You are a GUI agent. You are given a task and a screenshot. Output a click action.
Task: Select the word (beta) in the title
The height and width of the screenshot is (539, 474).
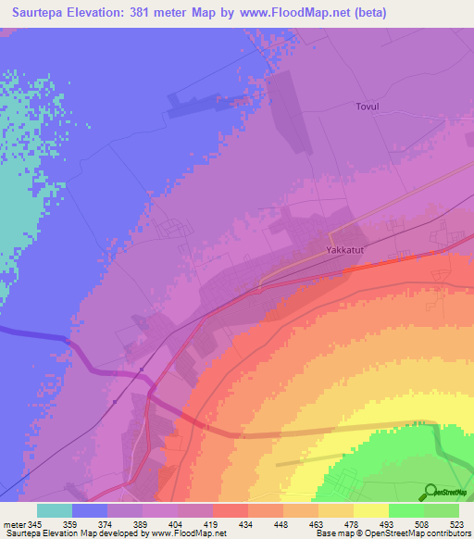(x=367, y=13)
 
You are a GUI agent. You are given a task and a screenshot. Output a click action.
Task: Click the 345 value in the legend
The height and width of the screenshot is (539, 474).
(x=34, y=523)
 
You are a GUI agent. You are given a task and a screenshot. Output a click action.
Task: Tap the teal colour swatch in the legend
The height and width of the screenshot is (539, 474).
(x=55, y=510)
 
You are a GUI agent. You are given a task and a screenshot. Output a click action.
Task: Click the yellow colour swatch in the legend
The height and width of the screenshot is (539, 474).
(x=371, y=510)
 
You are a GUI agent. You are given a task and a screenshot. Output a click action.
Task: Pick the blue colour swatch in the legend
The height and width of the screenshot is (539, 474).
(x=90, y=510)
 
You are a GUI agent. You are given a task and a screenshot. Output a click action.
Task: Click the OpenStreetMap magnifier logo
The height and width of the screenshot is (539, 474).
(x=430, y=491)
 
